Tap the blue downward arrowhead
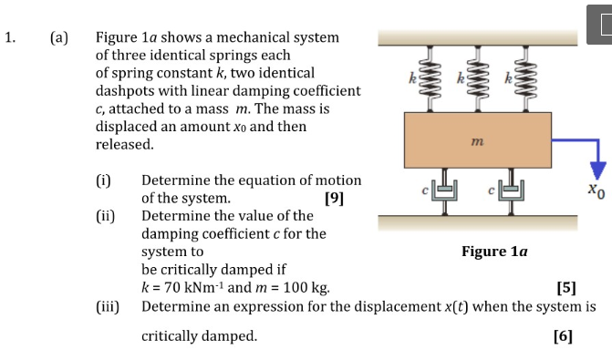(597, 170)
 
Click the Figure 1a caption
(495, 251)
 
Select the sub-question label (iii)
(109, 305)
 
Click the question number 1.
(8, 38)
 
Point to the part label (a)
(59, 38)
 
